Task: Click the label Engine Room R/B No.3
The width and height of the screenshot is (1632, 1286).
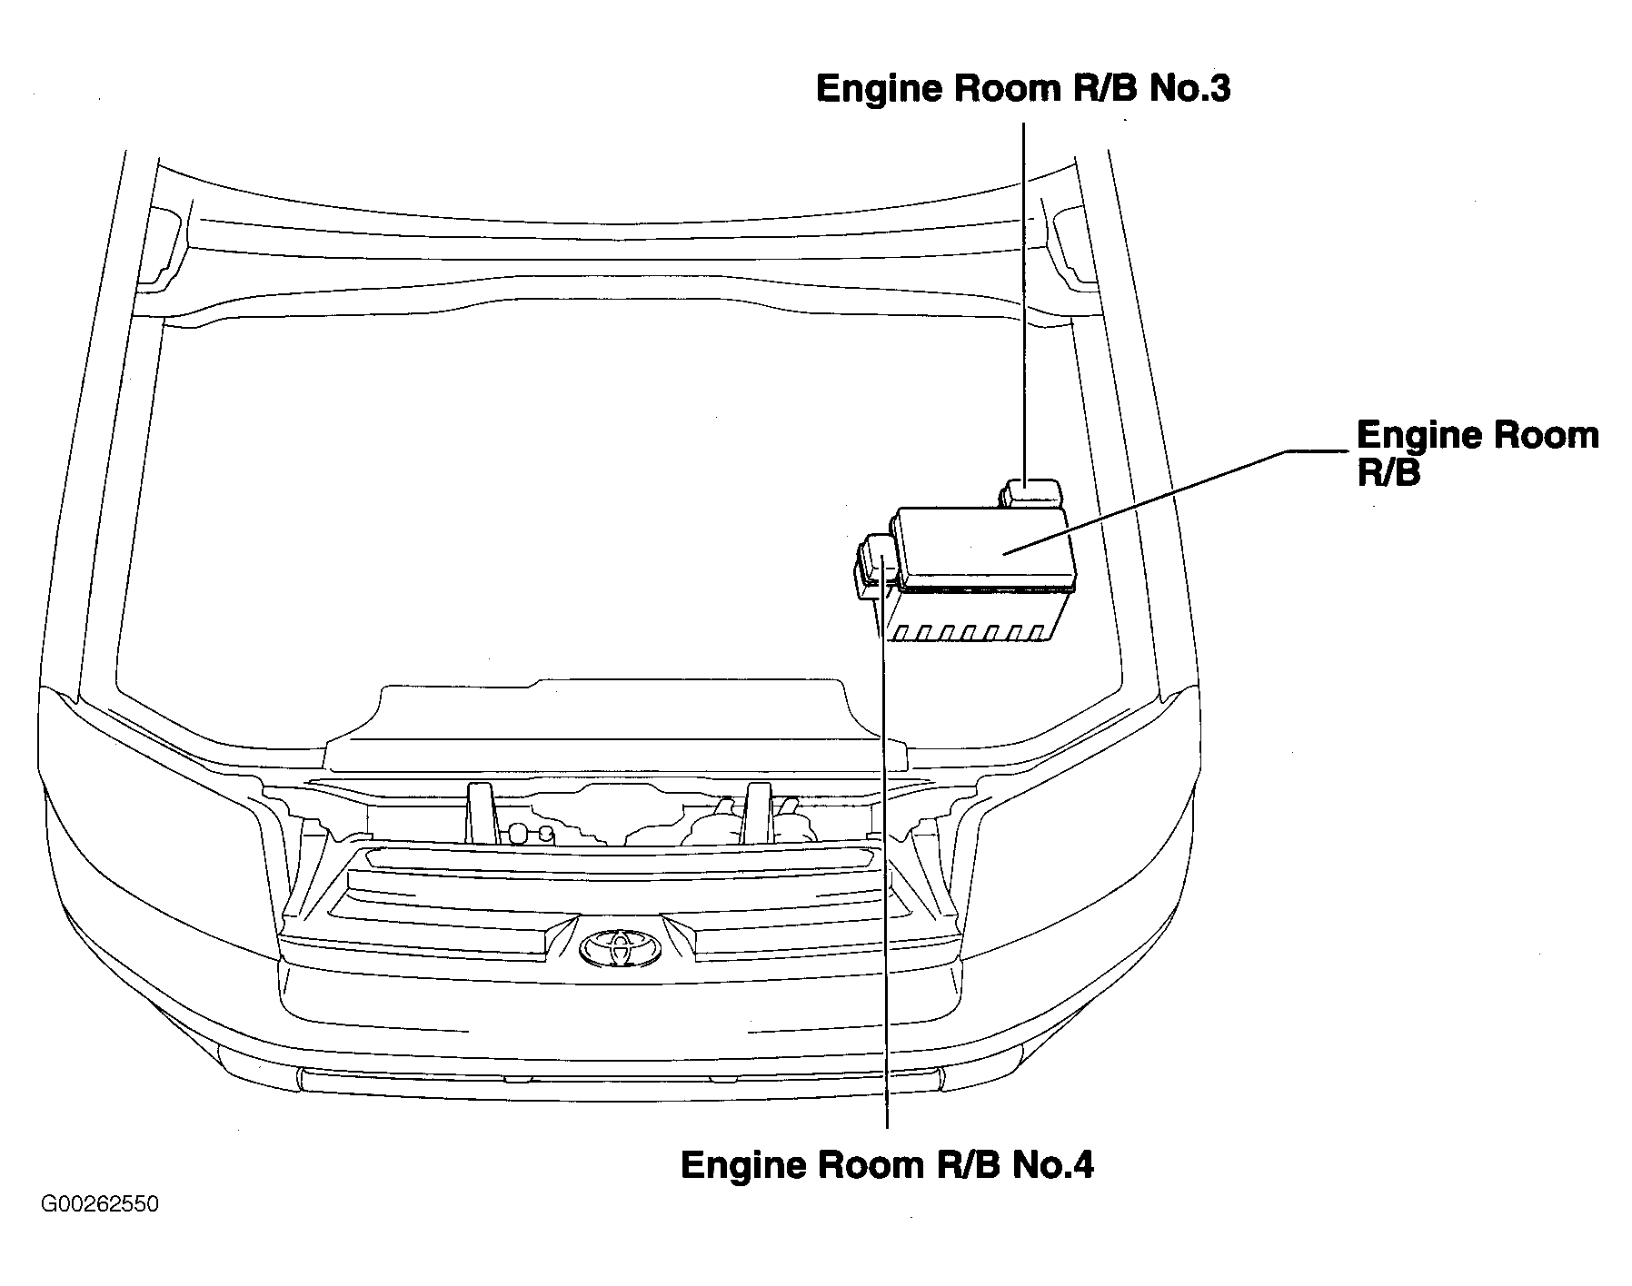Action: coord(1023,89)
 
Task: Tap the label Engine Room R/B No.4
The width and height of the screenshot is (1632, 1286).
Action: coord(887,1164)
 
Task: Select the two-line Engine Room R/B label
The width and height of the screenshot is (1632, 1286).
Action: coord(1478,453)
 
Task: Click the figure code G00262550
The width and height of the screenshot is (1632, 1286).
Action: coord(100,1204)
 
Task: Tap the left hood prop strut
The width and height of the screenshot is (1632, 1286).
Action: coord(479,813)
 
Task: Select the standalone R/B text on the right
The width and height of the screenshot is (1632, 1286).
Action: coord(1388,474)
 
